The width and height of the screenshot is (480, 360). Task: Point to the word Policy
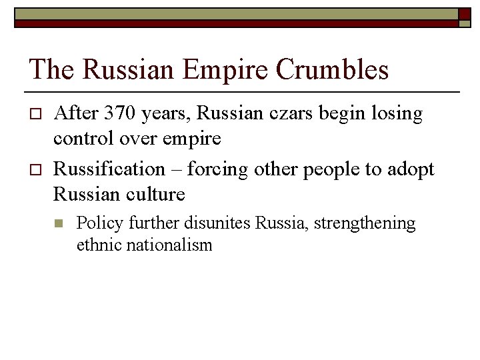pos(100,223)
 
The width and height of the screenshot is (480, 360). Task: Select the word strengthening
pos(365,223)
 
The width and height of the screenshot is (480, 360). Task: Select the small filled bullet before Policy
pos(59,223)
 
